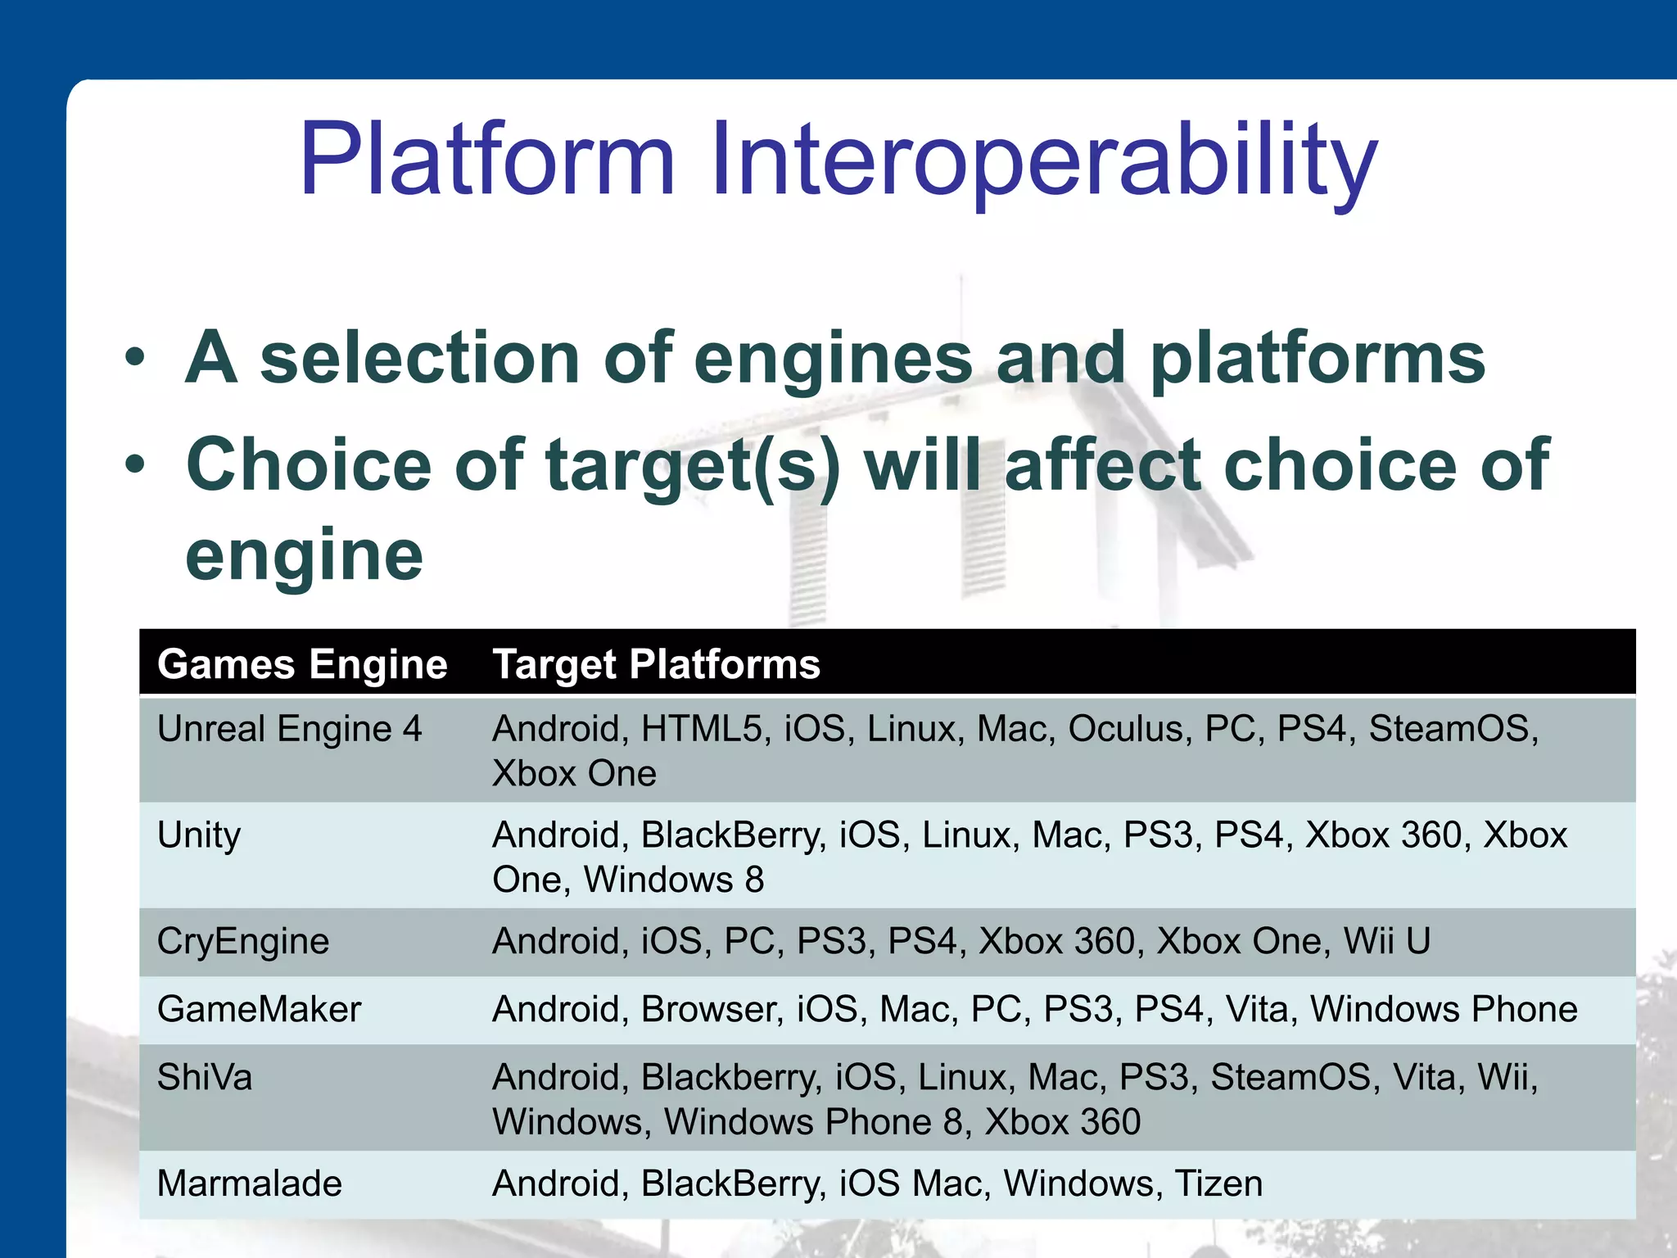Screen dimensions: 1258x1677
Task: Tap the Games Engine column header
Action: (302, 664)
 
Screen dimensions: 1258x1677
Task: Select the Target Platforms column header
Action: (656, 664)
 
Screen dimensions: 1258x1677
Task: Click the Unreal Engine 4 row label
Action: (289, 729)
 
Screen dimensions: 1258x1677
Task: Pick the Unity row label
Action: (199, 835)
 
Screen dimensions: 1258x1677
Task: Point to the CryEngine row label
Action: (243, 941)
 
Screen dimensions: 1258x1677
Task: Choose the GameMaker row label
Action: (259, 1009)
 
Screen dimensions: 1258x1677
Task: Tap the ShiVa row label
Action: (205, 1077)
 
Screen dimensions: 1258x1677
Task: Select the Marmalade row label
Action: (250, 1183)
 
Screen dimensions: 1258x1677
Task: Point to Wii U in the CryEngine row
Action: (1386, 941)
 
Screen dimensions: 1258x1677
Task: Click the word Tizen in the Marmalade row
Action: (1218, 1183)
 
